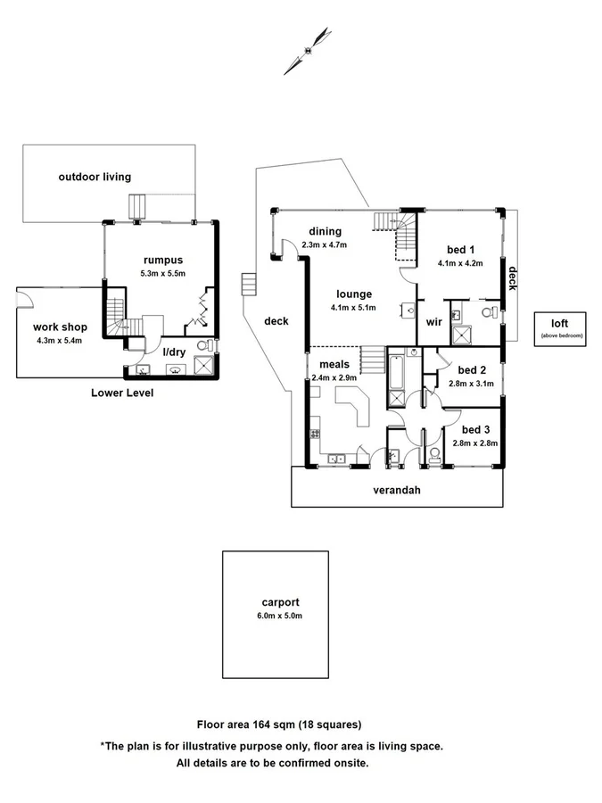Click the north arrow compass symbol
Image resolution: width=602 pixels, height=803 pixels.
point(308,51)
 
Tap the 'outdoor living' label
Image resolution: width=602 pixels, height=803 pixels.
point(95,177)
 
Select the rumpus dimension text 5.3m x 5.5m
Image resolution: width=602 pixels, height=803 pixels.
point(162,273)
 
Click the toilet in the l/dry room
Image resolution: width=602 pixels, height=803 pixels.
point(202,346)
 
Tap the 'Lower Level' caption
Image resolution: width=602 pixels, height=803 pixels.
point(122,393)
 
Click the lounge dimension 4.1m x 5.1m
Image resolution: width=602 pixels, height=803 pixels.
point(353,308)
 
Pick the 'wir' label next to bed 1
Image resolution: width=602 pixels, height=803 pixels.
point(433,321)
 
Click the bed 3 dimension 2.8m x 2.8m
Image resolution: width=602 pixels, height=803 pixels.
point(474,443)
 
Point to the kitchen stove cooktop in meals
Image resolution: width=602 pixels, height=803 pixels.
point(314,435)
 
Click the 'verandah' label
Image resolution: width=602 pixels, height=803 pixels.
point(396,490)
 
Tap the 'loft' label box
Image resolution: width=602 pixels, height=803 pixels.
point(559,327)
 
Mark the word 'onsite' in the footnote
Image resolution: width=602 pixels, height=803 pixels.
point(349,764)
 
